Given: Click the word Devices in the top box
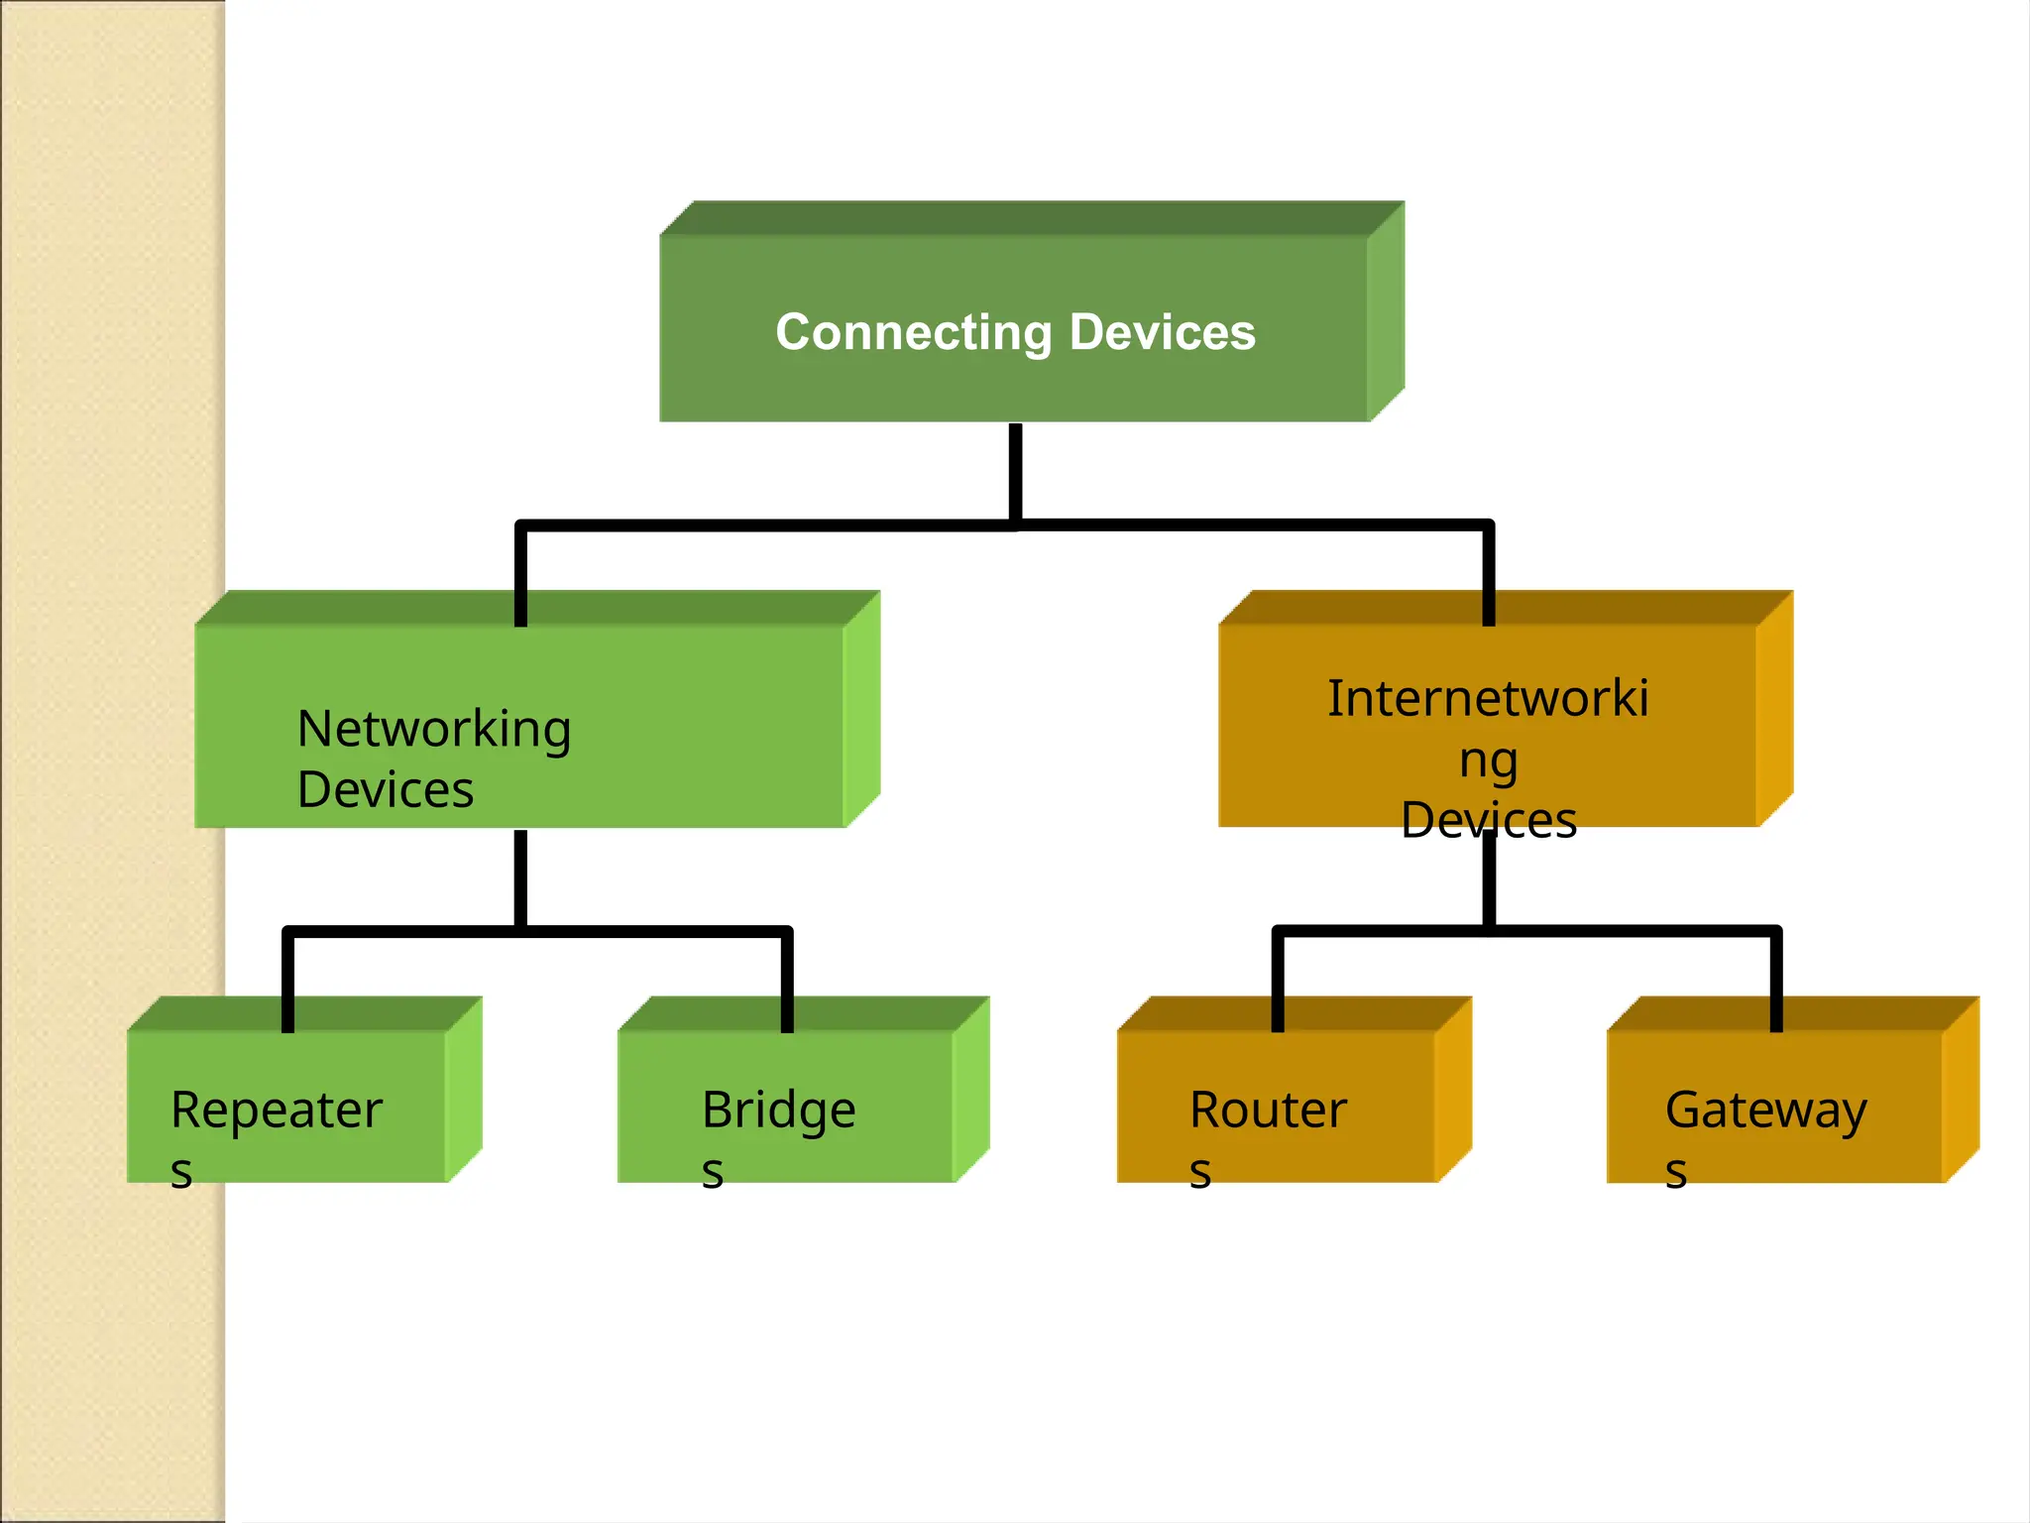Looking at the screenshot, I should tap(1162, 332).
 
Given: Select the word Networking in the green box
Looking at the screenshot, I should tap(434, 730).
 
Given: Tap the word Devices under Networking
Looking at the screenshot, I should tap(386, 790).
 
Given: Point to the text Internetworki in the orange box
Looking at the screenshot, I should tap(1488, 699).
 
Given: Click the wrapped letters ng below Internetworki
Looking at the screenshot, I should tap(1488, 761).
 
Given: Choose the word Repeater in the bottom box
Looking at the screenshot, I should tap(277, 1110).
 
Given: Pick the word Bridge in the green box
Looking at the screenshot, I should tap(778, 1110).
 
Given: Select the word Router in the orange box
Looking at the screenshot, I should tap(1268, 1110).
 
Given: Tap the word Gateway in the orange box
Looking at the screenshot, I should tap(1765, 1110).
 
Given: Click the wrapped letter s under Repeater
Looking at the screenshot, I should tap(181, 1172).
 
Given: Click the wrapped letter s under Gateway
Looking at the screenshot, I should tap(1676, 1172).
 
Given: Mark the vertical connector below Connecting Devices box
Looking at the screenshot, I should tap(1015, 471).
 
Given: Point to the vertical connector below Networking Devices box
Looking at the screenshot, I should tap(520, 878).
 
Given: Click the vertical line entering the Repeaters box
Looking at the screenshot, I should tap(288, 982).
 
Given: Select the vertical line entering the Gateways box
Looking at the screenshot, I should tap(1776, 982).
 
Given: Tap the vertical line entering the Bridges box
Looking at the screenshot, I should tap(787, 982).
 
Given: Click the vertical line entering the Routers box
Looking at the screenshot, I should tap(1278, 982).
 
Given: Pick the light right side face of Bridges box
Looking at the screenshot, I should tap(970, 1091).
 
